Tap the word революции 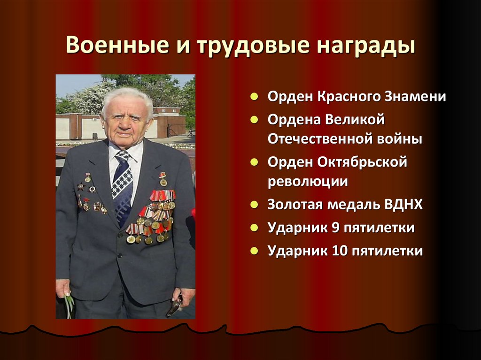tap(308, 182)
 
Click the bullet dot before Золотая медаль tap(254, 205)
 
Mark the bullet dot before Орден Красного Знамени tap(254, 98)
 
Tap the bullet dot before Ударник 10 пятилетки tap(254, 251)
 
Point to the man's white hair tap(126, 97)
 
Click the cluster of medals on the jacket tap(153, 216)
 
